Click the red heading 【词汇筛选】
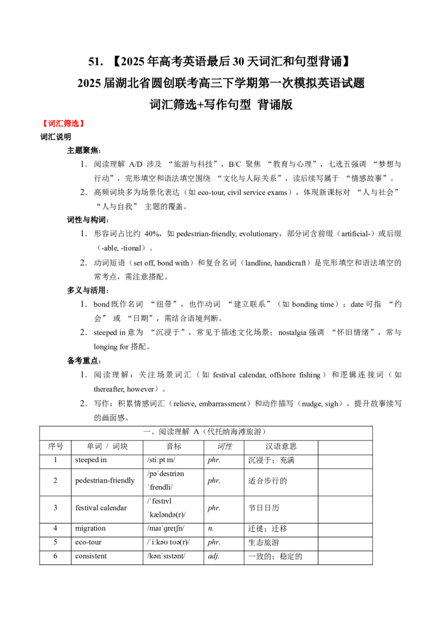(x=64, y=124)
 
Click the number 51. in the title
(x=96, y=61)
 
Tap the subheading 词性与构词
(x=87, y=220)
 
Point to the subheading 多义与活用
(x=87, y=290)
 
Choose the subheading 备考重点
(x=83, y=361)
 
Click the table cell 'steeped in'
(x=91, y=460)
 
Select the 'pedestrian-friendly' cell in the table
(x=105, y=481)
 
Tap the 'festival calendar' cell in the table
(x=101, y=508)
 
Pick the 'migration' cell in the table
(x=91, y=528)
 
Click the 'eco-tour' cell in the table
(x=88, y=542)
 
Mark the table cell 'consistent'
(x=91, y=556)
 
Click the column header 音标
(x=173, y=447)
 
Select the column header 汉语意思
(x=281, y=447)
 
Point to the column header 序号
(x=55, y=447)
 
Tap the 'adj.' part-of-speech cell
(x=214, y=557)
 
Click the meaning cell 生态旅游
(x=264, y=543)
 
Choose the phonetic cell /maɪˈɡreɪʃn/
(x=166, y=528)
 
